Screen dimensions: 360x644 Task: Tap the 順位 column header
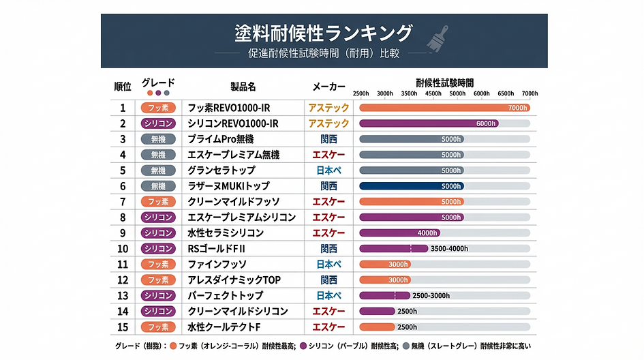[123, 87]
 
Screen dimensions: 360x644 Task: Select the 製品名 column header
[243, 87]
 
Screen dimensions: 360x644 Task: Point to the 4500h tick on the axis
[433, 93]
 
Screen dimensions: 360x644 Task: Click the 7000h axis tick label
[530, 93]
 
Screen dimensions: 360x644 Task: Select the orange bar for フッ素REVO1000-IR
[444, 108]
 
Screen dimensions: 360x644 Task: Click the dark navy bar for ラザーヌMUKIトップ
[412, 186]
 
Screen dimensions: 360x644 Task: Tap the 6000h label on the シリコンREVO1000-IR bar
[486, 123]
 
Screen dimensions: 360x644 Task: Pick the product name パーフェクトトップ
[226, 295]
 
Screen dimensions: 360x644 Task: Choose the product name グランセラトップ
[221, 170]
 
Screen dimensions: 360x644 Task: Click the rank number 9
[123, 232]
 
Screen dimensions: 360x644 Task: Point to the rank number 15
[123, 327]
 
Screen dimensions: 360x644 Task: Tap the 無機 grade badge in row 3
[158, 139]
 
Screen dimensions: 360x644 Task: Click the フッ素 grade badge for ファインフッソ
[158, 264]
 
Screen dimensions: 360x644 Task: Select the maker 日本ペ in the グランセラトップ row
[328, 170]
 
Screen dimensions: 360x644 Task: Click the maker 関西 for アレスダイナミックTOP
[328, 280]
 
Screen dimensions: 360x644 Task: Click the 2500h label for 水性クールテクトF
[408, 327]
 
